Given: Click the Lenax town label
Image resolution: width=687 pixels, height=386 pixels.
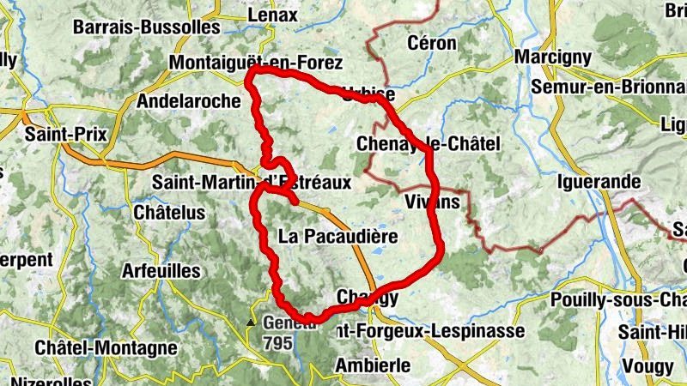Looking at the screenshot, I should [x=271, y=15].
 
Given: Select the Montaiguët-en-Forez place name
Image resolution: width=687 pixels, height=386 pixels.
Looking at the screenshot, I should [x=256, y=63].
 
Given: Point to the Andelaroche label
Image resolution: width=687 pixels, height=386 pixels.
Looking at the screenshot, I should [x=189, y=100].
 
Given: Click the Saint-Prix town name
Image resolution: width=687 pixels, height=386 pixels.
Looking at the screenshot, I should [x=59, y=134].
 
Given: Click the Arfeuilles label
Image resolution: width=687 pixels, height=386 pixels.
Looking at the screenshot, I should [x=161, y=271].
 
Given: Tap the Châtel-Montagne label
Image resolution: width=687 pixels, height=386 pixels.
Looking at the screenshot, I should [x=106, y=348].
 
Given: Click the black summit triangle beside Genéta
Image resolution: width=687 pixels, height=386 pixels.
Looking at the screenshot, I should [x=251, y=323].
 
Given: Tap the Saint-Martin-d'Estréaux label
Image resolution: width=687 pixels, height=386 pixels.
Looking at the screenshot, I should [x=251, y=183].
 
